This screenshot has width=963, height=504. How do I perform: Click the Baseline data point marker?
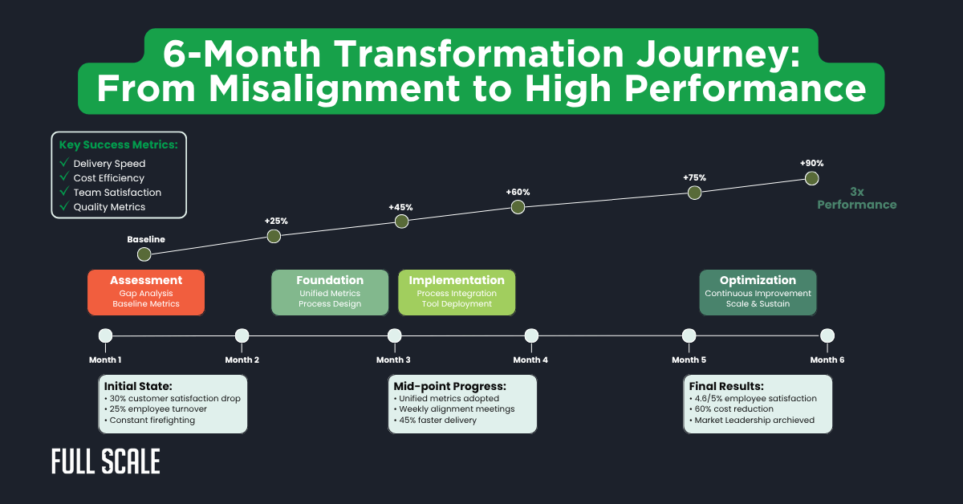(144, 254)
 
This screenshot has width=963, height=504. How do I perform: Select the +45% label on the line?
(400, 207)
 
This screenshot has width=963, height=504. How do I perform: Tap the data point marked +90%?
(811, 178)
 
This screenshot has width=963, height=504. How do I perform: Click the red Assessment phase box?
(146, 292)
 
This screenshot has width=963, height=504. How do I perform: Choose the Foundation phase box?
(330, 292)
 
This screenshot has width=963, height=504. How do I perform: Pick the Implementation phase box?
(457, 292)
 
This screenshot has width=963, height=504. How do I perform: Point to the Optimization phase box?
(758, 292)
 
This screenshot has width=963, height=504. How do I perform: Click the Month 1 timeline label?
(105, 360)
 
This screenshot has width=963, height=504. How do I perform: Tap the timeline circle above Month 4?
(531, 335)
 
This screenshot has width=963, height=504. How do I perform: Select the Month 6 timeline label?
(827, 360)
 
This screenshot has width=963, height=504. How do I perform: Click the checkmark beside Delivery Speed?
(64, 164)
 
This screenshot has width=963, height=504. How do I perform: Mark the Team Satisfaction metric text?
(117, 193)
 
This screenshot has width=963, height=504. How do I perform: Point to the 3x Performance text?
(856, 198)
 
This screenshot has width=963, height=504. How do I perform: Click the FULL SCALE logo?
(105, 461)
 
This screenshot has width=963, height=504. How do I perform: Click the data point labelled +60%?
(518, 207)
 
